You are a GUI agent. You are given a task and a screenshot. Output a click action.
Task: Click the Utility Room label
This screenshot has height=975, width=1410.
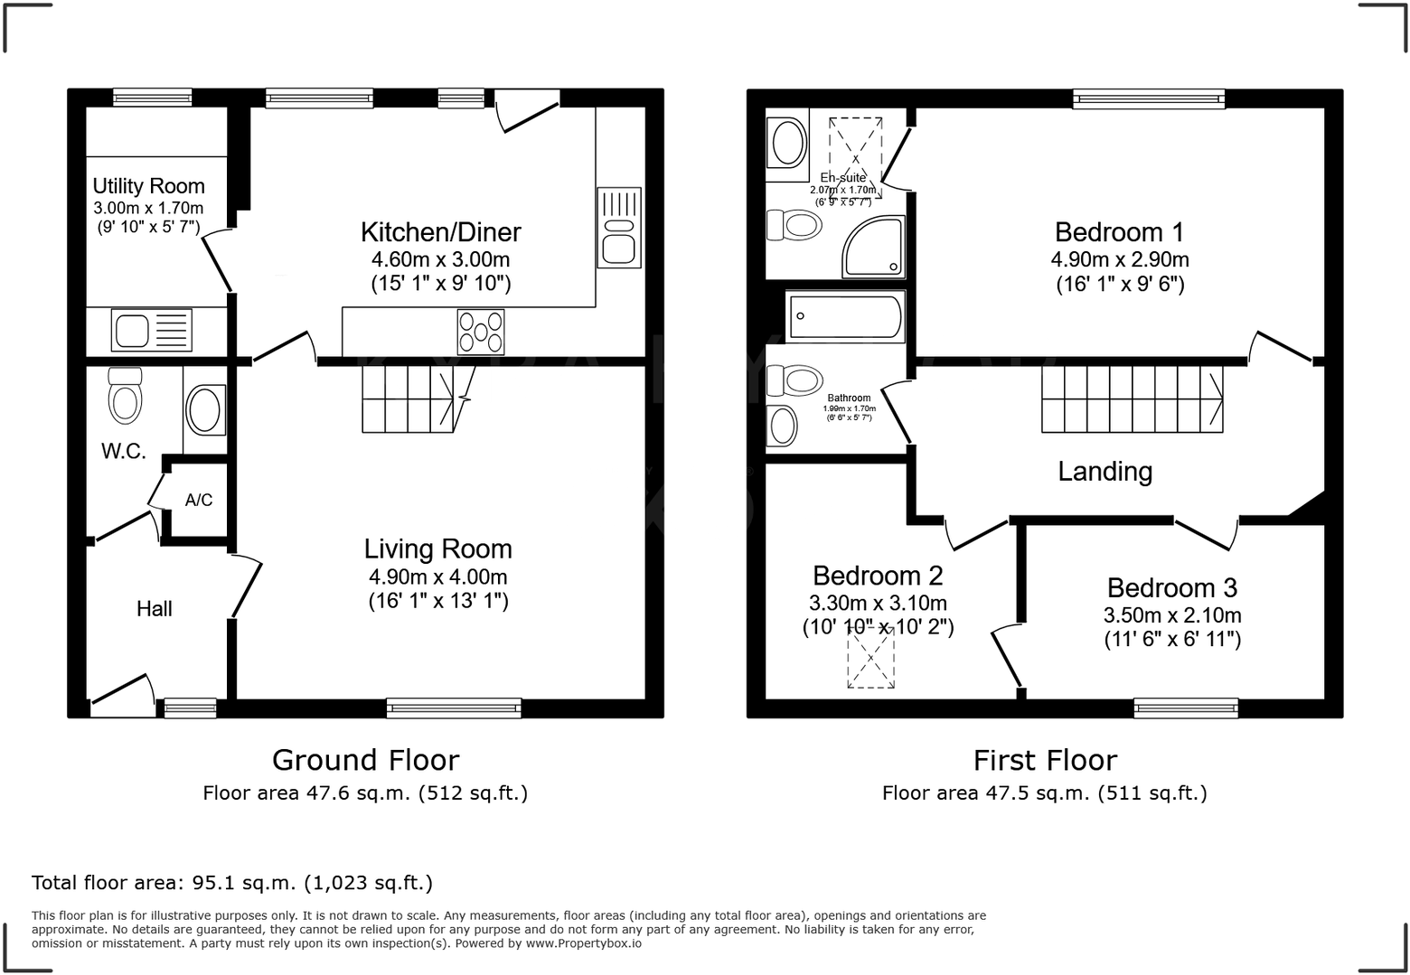(148, 186)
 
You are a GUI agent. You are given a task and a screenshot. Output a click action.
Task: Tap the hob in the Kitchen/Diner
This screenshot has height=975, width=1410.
(481, 332)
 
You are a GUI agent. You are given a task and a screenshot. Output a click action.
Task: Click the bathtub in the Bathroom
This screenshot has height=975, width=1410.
(844, 316)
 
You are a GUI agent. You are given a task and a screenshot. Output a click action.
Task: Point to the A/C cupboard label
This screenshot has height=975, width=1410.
(199, 500)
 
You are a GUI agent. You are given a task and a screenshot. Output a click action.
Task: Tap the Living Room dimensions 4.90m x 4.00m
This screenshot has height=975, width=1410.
(437, 577)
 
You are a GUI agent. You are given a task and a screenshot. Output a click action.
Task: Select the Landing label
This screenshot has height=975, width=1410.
(1104, 472)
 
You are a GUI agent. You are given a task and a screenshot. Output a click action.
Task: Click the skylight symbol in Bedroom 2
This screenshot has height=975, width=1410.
(870, 658)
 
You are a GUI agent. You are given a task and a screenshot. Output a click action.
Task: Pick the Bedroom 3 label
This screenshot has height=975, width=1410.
(1171, 588)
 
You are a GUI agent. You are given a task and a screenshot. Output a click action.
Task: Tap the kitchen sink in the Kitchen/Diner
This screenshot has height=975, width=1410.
(619, 228)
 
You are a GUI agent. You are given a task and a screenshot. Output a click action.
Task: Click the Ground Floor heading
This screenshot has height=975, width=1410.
(365, 760)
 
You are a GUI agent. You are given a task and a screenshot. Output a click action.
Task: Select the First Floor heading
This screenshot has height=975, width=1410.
(1045, 760)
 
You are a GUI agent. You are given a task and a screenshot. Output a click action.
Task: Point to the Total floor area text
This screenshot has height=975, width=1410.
(232, 883)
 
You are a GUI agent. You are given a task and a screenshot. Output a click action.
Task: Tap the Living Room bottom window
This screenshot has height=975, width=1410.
(454, 708)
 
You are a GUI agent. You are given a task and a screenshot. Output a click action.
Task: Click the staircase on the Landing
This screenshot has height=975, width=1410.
(1132, 398)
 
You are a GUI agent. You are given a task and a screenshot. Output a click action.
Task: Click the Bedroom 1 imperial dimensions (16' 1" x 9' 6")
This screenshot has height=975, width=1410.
(1119, 284)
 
